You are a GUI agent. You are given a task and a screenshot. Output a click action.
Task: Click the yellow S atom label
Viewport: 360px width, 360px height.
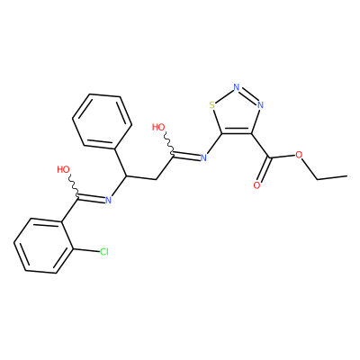point(212,105)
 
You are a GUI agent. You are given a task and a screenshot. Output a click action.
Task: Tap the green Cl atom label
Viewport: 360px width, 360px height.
point(104,252)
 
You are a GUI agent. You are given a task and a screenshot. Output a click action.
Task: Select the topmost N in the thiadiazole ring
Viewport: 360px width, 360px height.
point(237,87)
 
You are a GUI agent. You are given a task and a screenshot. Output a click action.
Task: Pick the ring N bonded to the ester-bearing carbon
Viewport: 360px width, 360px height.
point(260,105)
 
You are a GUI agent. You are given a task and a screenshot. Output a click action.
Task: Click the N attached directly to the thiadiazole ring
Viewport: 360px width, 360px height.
point(203,157)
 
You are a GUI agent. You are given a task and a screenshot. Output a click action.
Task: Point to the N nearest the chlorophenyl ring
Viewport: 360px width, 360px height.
point(108,200)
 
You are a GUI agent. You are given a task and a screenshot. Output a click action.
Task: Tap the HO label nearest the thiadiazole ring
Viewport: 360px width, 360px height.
point(158,127)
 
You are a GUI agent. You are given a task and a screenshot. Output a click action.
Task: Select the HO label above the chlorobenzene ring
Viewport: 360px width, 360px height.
point(63,169)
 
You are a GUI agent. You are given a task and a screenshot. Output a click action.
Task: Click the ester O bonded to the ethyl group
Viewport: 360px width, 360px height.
point(299,155)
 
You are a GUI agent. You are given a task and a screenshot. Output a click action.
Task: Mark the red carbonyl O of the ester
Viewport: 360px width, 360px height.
point(256,185)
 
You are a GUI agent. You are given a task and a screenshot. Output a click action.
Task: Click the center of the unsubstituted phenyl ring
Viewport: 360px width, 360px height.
point(102,121)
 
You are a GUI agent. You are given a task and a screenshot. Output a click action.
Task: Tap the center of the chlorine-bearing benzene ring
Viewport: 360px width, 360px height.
point(44,245)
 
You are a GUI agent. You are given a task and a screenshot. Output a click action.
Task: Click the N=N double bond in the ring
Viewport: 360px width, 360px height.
point(248,95)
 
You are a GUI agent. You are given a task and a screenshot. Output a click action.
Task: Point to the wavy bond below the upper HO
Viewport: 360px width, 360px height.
point(168,144)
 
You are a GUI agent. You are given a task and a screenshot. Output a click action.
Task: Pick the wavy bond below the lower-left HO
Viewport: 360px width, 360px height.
point(73,186)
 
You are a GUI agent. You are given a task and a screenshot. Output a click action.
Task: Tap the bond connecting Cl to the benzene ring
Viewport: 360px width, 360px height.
point(86,249)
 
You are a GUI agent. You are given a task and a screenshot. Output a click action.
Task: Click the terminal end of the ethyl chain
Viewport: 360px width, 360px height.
point(347,175)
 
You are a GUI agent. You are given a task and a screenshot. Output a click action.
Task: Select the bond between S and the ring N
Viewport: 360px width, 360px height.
point(224,96)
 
